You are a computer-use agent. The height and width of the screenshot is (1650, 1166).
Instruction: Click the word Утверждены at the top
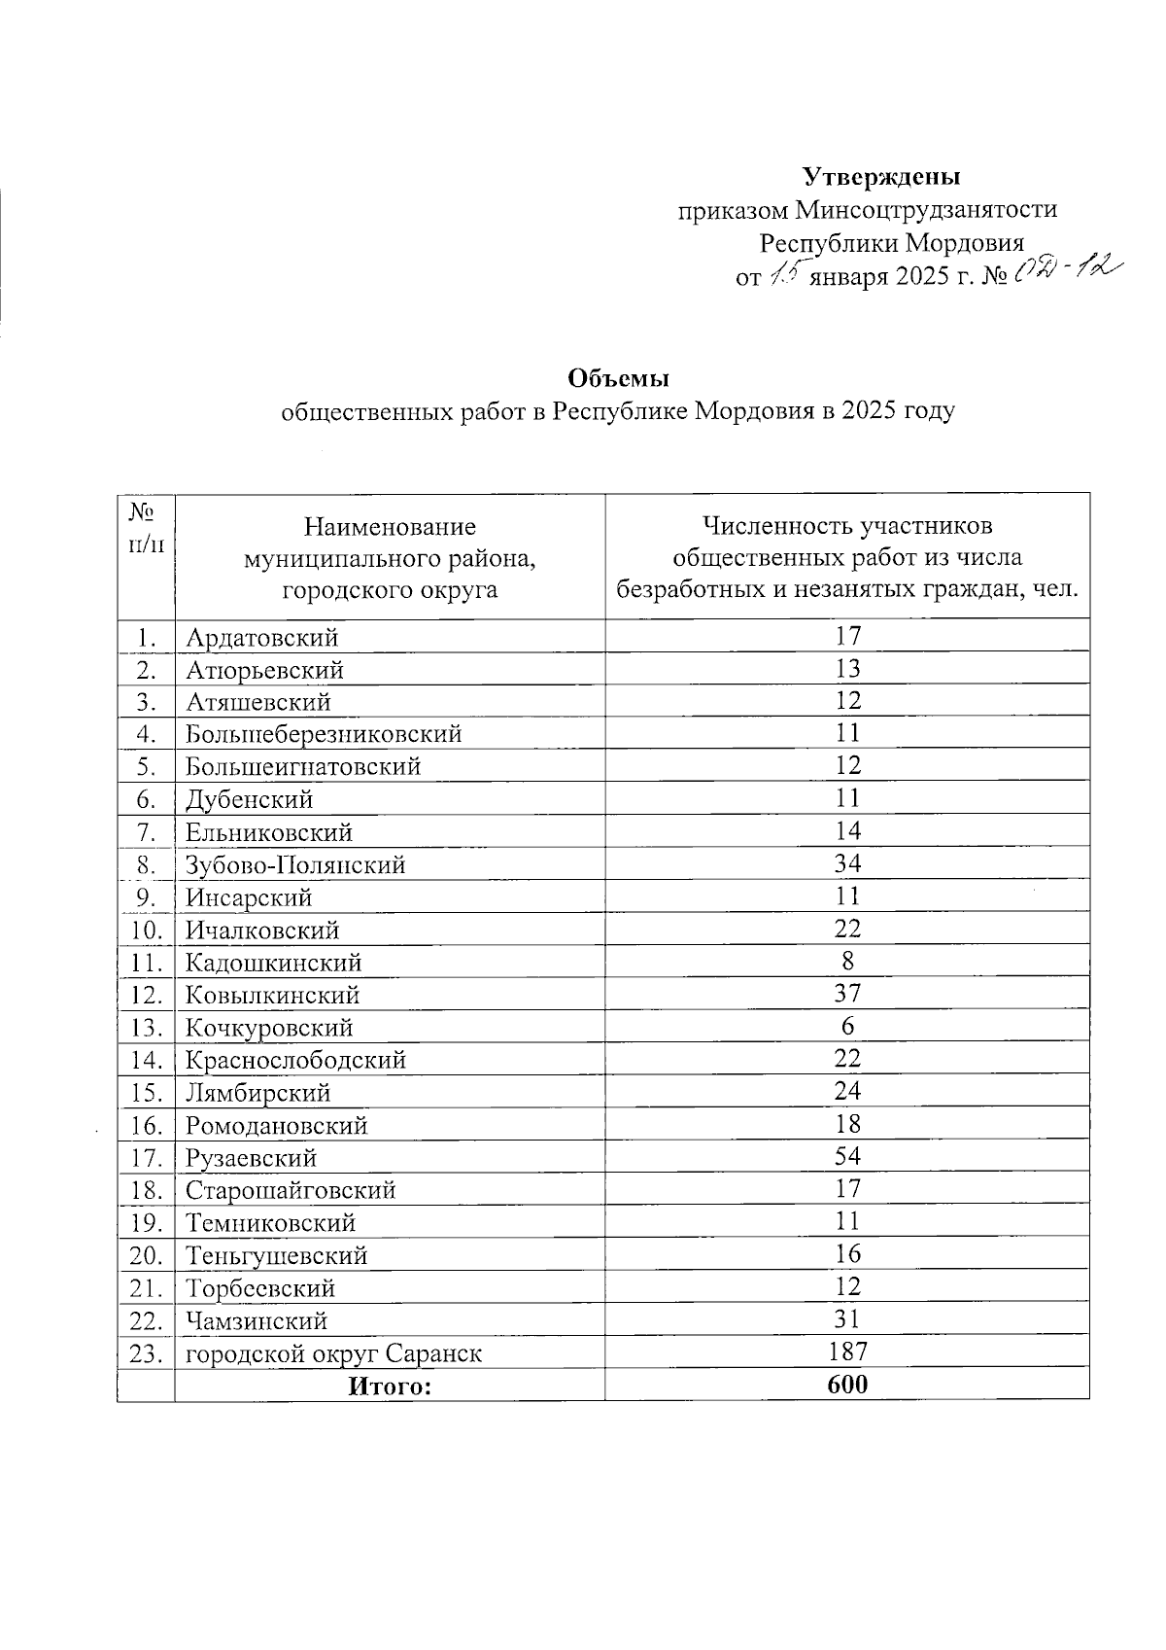point(881,177)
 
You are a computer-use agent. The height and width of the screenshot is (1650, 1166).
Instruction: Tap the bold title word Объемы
point(619,377)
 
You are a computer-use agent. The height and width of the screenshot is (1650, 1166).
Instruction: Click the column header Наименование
point(390,527)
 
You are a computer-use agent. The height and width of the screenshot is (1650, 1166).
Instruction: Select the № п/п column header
point(145,526)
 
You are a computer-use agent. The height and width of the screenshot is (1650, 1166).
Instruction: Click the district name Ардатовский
point(262,638)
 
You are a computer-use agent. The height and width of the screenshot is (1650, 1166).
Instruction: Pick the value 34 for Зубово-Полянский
point(847,863)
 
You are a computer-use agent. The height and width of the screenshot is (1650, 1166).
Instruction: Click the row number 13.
point(145,1028)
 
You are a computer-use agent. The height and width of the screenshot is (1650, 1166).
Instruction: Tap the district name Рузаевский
point(252,1158)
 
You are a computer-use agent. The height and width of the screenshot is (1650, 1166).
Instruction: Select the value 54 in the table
point(847,1156)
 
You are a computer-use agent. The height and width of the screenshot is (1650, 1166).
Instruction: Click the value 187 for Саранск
point(847,1352)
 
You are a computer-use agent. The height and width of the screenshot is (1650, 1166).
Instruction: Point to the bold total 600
point(847,1385)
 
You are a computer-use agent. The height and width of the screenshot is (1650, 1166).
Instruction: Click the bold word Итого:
point(390,1386)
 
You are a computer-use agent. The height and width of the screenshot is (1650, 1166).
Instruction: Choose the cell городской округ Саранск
point(334,1353)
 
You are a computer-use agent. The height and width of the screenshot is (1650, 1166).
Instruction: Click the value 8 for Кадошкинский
point(847,962)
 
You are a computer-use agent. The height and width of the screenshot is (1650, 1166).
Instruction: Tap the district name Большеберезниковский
point(324,734)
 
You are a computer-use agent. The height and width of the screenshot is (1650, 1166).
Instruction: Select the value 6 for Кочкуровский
point(847,1027)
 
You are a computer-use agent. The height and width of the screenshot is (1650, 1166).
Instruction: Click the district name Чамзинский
point(257,1320)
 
